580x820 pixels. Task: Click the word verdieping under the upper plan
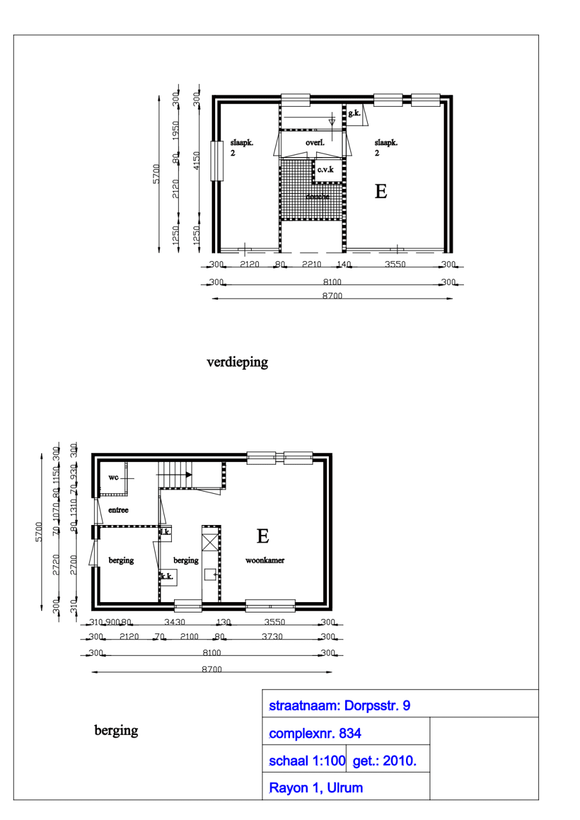point(237,362)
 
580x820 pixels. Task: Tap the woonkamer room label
point(264,560)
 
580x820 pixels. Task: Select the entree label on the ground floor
point(118,510)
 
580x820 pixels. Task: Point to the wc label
point(113,478)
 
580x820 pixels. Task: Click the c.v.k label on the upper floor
point(325,170)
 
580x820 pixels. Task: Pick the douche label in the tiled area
point(317,196)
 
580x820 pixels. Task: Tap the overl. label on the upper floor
point(315,143)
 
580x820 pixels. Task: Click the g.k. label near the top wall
point(354,113)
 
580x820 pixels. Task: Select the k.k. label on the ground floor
point(167,577)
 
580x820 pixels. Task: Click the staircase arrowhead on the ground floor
point(189,475)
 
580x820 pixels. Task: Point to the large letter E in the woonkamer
point(263,537)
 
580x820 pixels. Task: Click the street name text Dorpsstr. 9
point(377,706)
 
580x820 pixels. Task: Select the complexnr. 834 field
point(315,734)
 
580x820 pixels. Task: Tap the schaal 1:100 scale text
point(307,761)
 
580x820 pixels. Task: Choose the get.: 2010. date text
point(385,761)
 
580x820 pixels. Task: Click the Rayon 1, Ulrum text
point(316,788)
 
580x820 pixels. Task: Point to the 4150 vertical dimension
point(196,161)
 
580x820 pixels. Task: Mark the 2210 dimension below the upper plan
point(311,264)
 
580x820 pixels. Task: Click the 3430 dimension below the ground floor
point(175,622)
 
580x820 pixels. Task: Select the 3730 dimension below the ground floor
point(272,636)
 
